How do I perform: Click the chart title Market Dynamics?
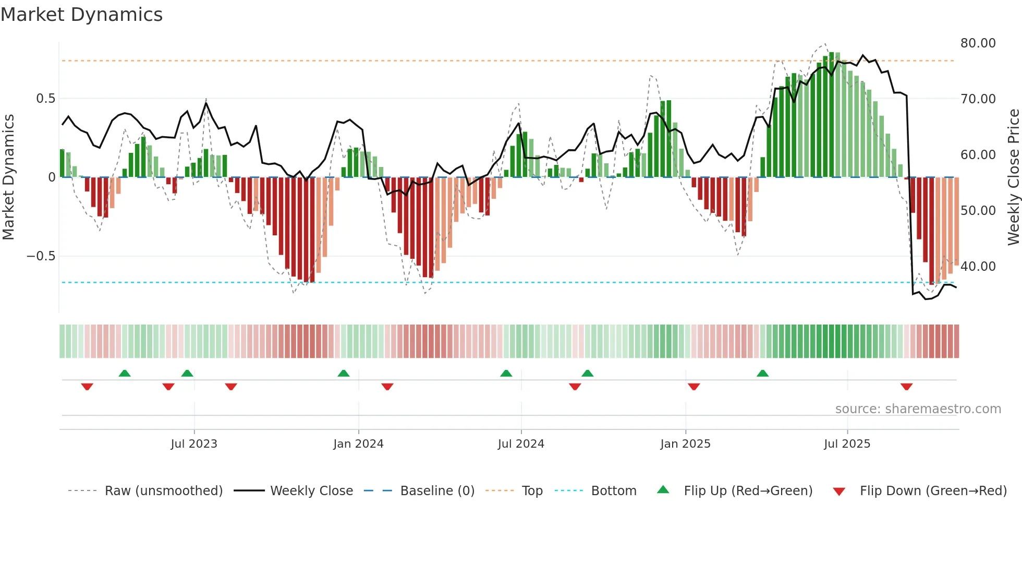coord(82,15)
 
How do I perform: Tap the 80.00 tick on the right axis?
coord(978,43)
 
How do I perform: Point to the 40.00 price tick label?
coord(978,267)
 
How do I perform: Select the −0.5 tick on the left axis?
coord(41,256)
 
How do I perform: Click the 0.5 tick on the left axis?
coord(45,99)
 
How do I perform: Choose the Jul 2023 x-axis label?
coord(194,444)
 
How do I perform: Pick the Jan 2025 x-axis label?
coord(685,444)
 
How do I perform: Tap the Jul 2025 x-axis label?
coord(847,444)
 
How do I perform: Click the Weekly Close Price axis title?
coord(1013,177)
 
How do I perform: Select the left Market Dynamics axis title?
coord(8,177)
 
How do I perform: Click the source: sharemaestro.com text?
coord(918,409)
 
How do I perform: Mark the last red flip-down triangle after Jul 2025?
coord(906,387)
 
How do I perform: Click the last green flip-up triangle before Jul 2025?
coord(762,373)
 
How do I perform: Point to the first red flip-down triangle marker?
coord(87,387)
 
